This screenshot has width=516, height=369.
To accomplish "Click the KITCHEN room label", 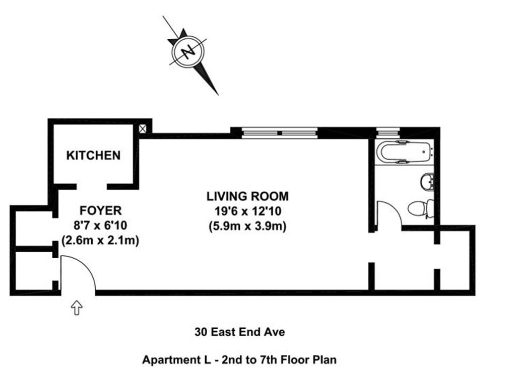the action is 93,155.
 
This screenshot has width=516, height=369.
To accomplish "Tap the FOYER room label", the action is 100,210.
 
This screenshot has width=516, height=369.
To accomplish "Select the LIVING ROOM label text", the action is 247,196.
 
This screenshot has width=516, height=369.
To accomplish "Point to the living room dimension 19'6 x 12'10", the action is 248,211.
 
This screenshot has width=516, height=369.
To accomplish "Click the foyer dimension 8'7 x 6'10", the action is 100,226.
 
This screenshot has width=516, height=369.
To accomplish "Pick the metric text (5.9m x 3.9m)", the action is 247,226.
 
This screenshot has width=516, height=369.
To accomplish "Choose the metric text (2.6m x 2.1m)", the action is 100,241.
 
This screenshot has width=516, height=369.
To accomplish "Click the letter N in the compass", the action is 188,51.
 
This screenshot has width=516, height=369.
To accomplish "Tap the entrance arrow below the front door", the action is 77,308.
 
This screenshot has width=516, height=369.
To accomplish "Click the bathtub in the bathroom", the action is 405,152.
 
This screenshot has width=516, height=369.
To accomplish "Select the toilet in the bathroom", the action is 421,208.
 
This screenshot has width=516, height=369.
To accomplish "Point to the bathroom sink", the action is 427,181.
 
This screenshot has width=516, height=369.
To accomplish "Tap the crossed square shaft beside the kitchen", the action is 143,128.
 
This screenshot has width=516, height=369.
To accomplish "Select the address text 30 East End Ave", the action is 239,332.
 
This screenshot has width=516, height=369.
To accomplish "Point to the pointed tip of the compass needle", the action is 218,95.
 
